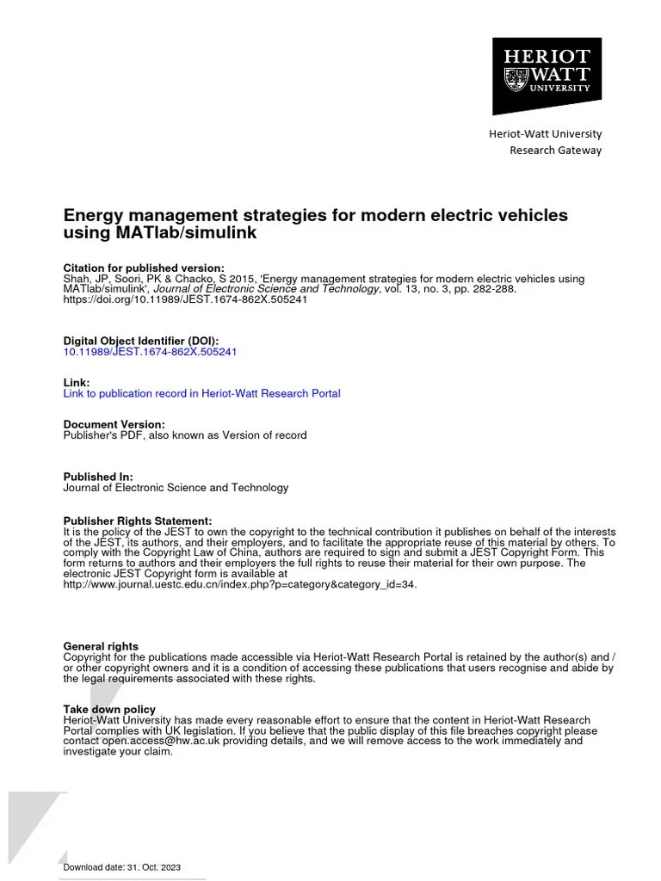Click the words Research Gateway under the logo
555,151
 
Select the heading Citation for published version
144,268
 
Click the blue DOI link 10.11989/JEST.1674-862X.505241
150,352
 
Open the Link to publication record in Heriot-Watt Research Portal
201,393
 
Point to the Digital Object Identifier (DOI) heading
141,341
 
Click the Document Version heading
114,424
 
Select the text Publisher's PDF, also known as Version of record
185,435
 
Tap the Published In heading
97,477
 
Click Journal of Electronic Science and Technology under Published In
176,488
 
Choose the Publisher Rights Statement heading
137,521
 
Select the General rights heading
101,646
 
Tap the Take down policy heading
107,709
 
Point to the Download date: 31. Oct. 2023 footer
122,867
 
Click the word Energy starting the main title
91,215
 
